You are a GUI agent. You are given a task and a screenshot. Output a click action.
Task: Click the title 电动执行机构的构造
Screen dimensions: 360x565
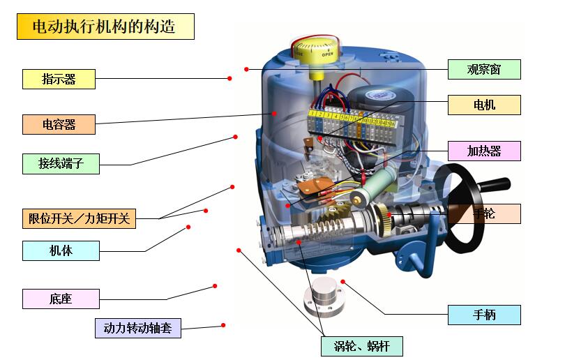pyautogui.click(x=105, y=27)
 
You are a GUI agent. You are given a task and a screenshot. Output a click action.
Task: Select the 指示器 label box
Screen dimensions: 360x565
pyautogui.click(x=59, y=79)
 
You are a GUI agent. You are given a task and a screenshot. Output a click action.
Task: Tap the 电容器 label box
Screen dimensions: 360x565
pyautogui.click(x=59, y=125)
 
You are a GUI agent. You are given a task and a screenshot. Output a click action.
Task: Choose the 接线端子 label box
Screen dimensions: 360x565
pyautogui.click(x=59, y=164)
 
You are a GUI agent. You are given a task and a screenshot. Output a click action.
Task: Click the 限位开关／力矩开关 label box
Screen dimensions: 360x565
pyautogui.click(x=79, y=218)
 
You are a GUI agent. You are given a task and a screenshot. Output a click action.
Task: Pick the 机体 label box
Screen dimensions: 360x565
pyautogui.click(x=60, y=250)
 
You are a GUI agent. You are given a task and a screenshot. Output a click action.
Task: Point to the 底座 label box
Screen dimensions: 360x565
pyautogui.click(x=60, y=299)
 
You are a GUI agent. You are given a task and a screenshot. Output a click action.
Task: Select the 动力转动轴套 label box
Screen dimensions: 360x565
pyautogui.click(x=137, y=328)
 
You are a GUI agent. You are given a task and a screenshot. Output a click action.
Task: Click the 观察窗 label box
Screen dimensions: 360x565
pyautogui.click(x=483, y=69)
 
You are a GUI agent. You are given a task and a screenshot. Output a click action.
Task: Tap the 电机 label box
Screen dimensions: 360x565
pyautogui.click(x=483, y=105)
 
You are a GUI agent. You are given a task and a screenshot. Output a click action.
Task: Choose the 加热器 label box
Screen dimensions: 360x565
pyautogui.click(x=483, y=151)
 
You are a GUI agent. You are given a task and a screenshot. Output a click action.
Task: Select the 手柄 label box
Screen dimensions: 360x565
pyautogui.click(x=483, y=315)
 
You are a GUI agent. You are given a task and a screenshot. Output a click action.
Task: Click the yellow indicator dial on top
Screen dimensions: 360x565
pyautogui.click(x=315, y=52)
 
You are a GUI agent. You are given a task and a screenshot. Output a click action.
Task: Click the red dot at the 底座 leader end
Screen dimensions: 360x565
pyautogui.click(x=215, y=286)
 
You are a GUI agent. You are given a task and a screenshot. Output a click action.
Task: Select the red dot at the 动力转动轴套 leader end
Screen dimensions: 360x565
pyautogui.click(x=223, y=325)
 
